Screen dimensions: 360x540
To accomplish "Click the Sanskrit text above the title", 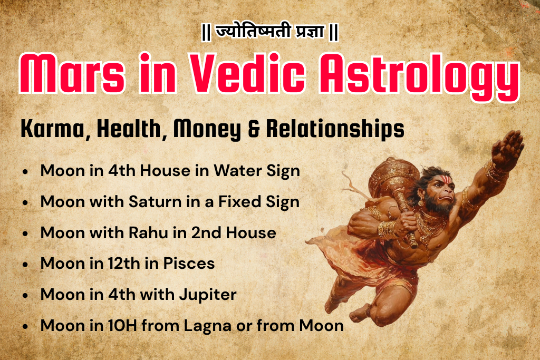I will pyautogui.click(x=270, y=33).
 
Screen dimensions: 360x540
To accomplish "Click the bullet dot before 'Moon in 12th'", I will pyautogui.click(x=26, y=264).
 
